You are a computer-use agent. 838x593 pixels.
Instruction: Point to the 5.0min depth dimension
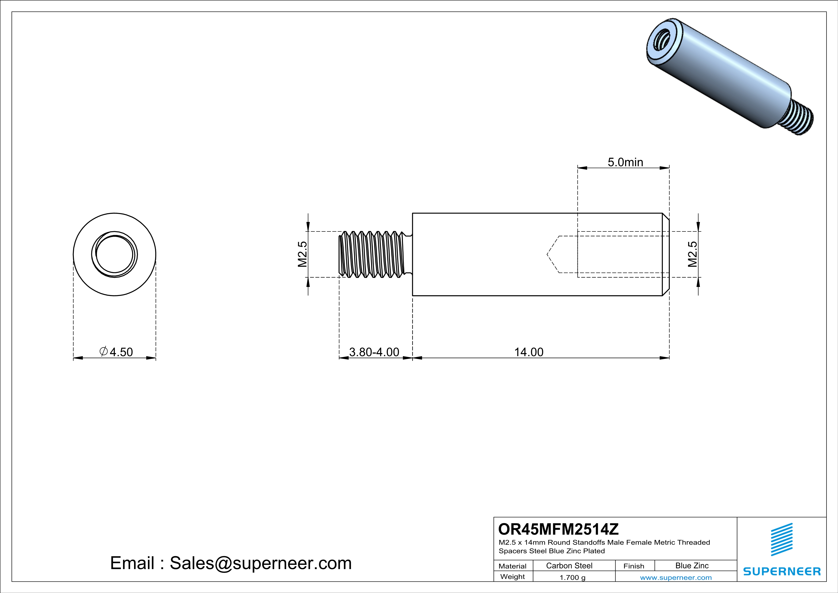click(625, 162)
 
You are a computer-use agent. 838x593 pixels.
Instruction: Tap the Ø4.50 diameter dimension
click(116, 352)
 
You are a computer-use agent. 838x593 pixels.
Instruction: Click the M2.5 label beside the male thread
click(303, 254)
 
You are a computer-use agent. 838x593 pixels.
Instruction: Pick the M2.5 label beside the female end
click(692, 254)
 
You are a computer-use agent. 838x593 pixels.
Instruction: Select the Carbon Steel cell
click(569, 566)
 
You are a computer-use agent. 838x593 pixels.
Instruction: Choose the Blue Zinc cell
click(692, 566)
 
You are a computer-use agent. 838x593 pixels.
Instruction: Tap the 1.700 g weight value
click(572, 577)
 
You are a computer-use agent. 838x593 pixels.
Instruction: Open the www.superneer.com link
click(676, 577)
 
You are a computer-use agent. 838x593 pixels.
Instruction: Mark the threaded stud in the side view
click(372, 254)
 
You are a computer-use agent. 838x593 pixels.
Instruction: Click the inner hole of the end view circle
click(115, 254)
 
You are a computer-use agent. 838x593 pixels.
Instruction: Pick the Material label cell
click(513, 566)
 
